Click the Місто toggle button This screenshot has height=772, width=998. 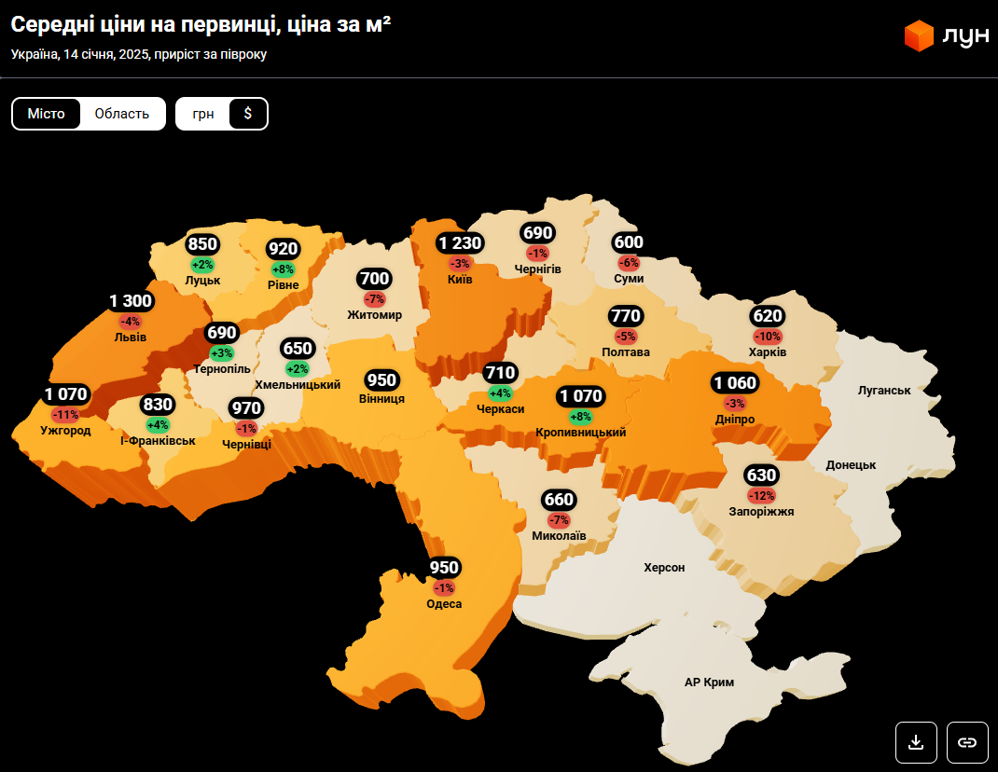tap(47, 114)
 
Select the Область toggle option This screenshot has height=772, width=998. tap(122, 114)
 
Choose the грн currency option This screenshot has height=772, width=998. tap(203, 114)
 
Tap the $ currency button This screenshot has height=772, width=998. tap(248, 114)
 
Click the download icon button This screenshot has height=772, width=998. tap(916, 742)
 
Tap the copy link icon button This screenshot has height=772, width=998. tap(967, 742)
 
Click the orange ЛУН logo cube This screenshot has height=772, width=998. tap(919, 36)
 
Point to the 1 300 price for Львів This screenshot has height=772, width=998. tap(131, 301)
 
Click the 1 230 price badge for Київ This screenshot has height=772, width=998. tap(461, 243)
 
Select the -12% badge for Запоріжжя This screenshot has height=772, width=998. tap(761, 495)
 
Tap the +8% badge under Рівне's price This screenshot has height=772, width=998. tap(283, 269)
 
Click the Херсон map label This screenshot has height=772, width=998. tap(664, 567)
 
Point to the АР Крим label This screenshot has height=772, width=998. tap(709, 682)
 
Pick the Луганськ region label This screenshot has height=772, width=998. tap(884, 390)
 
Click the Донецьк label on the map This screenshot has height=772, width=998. tap(851, 464)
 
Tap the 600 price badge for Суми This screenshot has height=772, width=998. tap(628, 242)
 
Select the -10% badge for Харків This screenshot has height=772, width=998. tap(768, 337)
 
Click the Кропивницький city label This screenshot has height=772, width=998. tap(581, 433)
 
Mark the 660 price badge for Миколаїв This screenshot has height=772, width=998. tap(559, 500)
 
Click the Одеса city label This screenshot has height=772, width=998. tap(444, 604)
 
